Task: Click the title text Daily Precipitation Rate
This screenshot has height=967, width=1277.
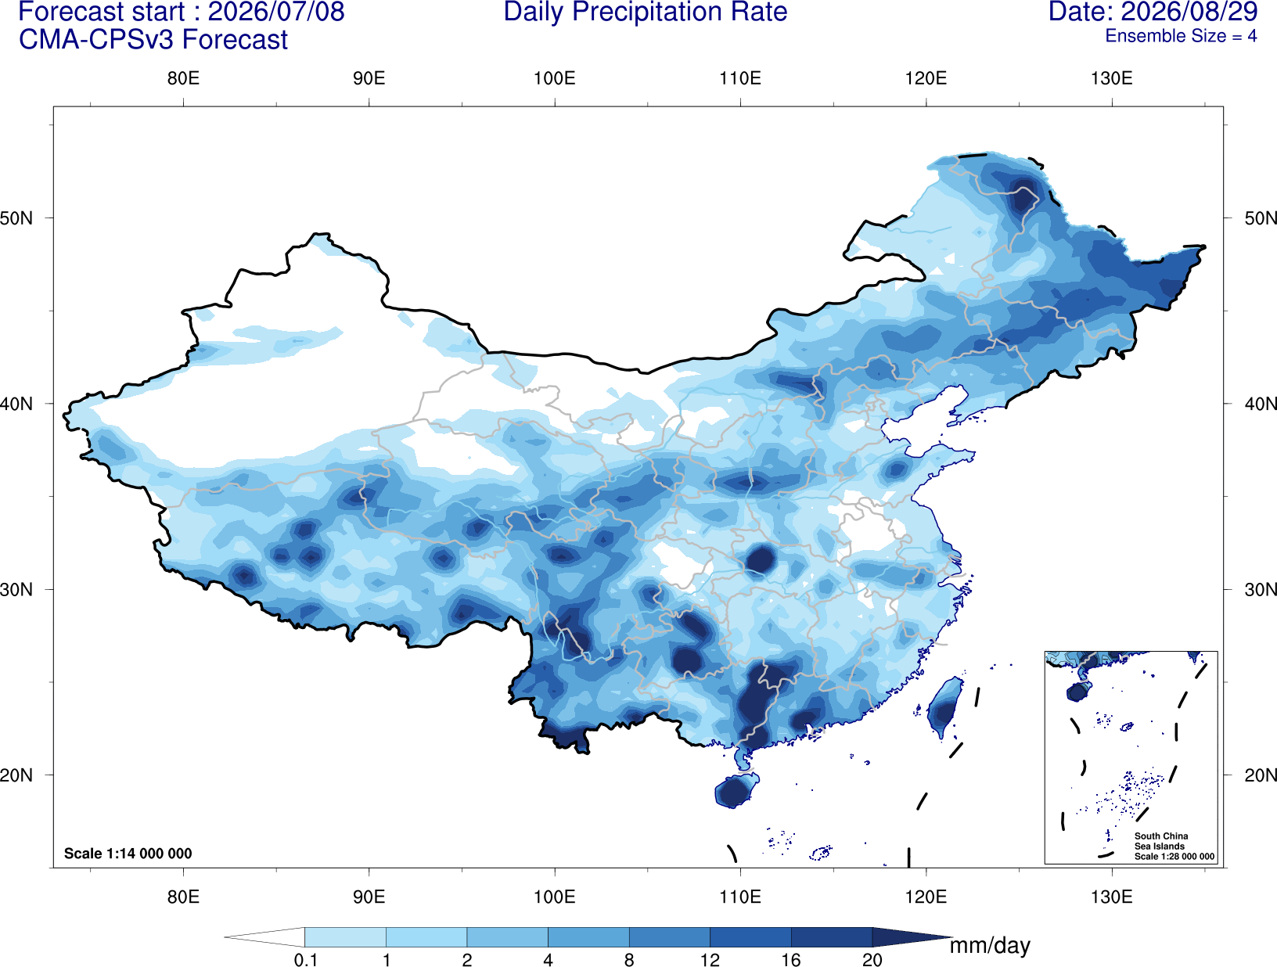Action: point(646,12)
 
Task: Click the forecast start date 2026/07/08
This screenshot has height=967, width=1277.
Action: point(276,12)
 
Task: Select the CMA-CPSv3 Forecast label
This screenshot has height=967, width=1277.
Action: point(153,40)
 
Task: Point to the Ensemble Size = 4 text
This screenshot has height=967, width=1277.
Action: point(1181,36)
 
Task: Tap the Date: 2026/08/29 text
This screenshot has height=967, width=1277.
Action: point(1153,12)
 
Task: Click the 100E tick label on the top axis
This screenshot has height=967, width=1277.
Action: point(555,78)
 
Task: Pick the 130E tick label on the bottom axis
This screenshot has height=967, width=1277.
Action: point(1112,896)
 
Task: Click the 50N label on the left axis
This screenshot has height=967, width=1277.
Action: point(16,218)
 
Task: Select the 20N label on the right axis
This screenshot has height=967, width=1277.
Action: point(1261,775)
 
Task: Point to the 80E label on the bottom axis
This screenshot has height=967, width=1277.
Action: point(183,896)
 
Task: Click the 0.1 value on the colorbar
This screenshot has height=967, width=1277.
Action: point(305,959)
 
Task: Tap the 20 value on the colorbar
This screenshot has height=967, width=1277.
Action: point(872,959)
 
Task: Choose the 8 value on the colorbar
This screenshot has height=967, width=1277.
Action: point(629,959)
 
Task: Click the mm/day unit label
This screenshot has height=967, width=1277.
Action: point(990,946)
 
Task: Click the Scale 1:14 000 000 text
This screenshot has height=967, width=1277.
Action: point(128,853)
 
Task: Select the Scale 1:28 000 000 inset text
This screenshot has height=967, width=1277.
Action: point(1174,857)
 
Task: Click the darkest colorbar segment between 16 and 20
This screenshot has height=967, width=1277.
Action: point(831,936)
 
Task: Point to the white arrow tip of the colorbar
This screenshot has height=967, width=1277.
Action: point(225,936)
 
